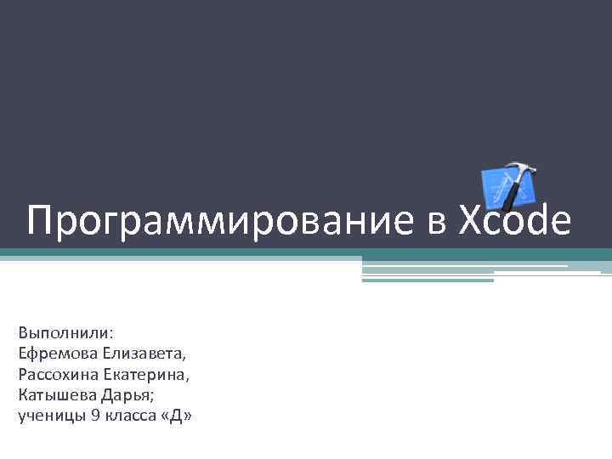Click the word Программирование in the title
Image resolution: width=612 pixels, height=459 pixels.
(x=219, y=222)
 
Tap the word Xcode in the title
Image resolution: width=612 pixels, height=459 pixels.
(x=515, y=222)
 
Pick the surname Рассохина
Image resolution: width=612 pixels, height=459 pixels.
(x=57, y=373)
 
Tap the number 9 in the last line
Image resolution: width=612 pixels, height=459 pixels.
(x=94, y=415)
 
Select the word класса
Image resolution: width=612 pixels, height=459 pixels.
(x=127, y=415)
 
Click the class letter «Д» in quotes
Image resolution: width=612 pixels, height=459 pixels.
(x=175, y=415)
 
